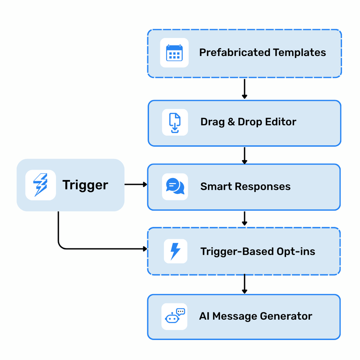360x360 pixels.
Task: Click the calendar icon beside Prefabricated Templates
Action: coord(174,53)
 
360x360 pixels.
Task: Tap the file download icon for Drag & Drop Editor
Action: coord(175,122)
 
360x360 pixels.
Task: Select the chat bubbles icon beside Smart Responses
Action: coord(175,186)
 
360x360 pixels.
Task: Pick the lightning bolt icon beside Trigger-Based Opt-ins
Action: coord(175,251)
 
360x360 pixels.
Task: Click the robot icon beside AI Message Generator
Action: coord(174,316)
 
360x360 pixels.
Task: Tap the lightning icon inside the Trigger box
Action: coord(40,185)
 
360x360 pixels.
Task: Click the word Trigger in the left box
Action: coord(85,185)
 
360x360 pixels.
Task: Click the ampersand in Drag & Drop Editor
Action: coord(231,122)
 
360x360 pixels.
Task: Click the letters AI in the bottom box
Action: coord(204,316)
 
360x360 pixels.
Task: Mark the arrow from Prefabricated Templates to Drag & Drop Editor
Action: coord(244,89)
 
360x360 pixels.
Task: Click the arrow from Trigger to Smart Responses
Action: coord(136,184)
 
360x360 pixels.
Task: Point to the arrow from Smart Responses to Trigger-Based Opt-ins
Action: coord(244,218)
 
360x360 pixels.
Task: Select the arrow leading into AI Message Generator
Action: coord(244,284)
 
